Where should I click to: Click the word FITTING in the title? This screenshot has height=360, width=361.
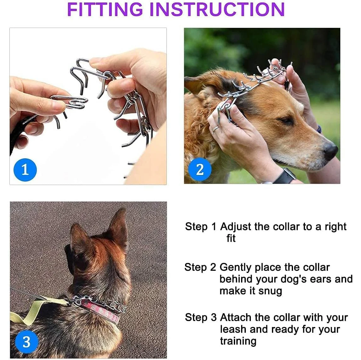click(105, 9)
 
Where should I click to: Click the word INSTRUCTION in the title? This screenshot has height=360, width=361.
click(217, 9)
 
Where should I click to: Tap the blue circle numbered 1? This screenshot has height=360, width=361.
click(25, 170)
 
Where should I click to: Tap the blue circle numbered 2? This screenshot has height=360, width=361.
click(200, 169)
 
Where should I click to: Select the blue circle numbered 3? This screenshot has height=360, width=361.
click(26, 342)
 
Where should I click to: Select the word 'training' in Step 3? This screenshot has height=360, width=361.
click(238, 341)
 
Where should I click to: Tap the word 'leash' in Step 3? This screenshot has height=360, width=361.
click(233, 329)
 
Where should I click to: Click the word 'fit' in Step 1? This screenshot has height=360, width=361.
click(231, 238)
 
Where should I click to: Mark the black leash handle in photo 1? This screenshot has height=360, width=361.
click(22, 131)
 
